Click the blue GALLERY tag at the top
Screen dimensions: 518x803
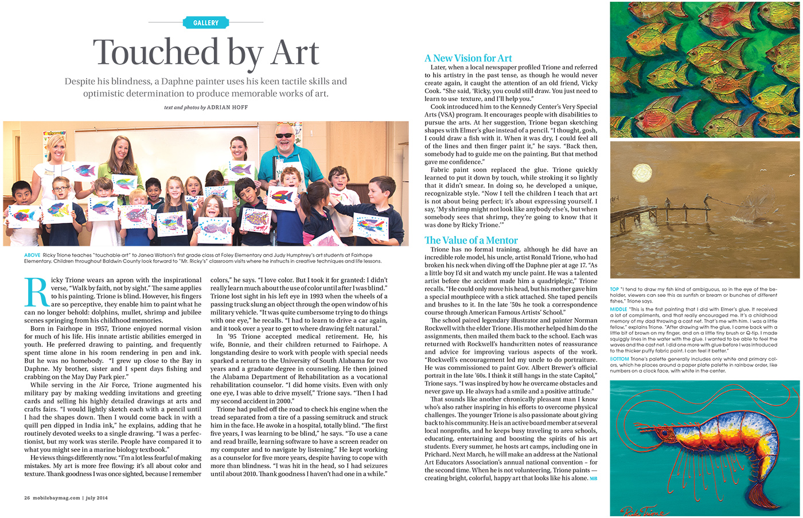pos(206,22)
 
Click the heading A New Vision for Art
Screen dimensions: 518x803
pos(468,58)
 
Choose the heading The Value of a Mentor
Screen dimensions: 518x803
pos(471,240)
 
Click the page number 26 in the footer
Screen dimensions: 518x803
pos(27,498)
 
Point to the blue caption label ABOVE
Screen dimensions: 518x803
pos(32,254)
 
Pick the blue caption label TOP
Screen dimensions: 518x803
pos(614,289)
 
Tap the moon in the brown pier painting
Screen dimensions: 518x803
pos(641,173)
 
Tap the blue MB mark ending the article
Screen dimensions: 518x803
pos(594,478)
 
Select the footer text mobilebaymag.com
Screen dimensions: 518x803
pos(56,498)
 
